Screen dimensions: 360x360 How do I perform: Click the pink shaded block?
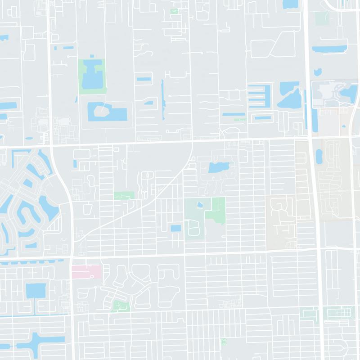pyautogui.click(x=86, y=271)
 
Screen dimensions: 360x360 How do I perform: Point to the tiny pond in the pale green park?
pyautogui.click(x=199, y=205)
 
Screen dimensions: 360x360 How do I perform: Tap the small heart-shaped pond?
pyautogui.click(x=318, y=72)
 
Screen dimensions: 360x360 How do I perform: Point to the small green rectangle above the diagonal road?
pyautogui.click(x=124, y=195)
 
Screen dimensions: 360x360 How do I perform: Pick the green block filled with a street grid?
pyautogui.click(x=327, y=312)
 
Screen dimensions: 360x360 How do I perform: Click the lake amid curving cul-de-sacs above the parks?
pyautogui.click(x=218, y=169)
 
